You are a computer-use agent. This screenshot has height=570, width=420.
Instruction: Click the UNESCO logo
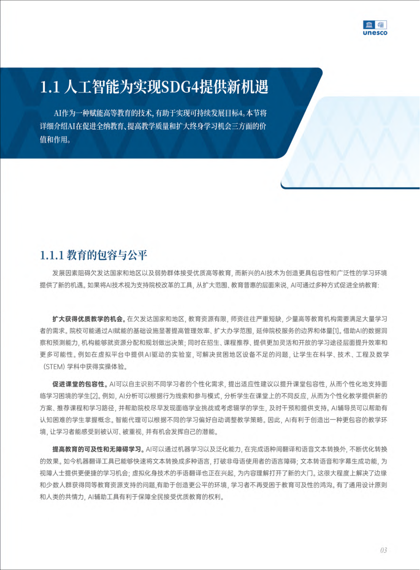(375, 28)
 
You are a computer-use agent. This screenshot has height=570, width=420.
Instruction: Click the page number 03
(383, 550)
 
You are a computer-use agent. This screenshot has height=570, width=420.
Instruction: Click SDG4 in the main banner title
(180, 87)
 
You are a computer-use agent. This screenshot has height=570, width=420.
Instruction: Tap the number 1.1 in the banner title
(50, 87)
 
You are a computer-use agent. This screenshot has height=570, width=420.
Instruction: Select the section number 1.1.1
(52, 255)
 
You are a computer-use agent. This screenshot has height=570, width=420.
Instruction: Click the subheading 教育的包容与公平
(107, 255)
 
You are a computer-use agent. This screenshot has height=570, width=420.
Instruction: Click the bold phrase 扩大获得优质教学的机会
(88, 319)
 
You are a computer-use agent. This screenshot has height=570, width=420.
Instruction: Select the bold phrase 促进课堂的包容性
(78, 384)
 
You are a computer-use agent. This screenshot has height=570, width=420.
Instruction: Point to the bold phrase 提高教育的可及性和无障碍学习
(97, 449)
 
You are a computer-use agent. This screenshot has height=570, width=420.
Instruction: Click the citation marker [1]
(336, 331)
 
